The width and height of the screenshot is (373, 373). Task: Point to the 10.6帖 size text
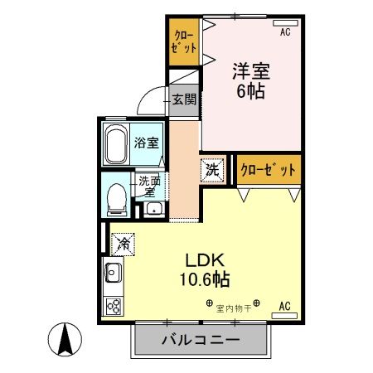tap(206, 279)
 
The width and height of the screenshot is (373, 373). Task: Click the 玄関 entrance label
tap(185, 99)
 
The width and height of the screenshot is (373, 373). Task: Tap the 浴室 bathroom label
tap(146, 142)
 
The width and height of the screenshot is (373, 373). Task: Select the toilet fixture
tap(116, 197)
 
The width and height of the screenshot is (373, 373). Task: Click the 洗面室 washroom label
tap(149, 186)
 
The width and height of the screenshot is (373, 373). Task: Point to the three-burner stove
tap(113, 304)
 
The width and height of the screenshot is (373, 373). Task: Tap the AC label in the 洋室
tap(285, 32)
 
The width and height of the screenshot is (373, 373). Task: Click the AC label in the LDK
tap(285, 306)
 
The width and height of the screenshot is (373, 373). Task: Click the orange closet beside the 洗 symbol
tap(268, 170)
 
